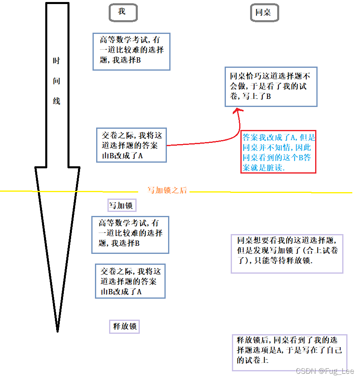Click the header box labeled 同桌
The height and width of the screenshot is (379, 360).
pos(264,13)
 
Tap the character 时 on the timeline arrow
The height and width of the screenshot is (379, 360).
pos(57,61)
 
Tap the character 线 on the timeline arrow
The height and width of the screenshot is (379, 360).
pos(57,101)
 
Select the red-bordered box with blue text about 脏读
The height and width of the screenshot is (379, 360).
pos(278,152)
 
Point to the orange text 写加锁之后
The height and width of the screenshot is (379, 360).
pos(167,190)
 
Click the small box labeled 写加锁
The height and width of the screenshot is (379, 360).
pos(121,205)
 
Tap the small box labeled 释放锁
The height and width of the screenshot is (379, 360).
pos(124,327)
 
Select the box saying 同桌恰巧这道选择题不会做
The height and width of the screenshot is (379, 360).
pos(271,86)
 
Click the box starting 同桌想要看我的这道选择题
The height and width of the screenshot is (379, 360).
pos(287,253)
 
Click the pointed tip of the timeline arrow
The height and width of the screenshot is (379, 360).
pos(57,330)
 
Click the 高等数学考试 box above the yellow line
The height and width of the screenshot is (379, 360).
pos(131,51)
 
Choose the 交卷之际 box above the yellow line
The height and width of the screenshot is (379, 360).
pos(131,145)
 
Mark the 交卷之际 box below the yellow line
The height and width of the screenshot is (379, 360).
pos(130,281)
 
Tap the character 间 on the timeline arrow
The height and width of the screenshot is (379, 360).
pos(57,81)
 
